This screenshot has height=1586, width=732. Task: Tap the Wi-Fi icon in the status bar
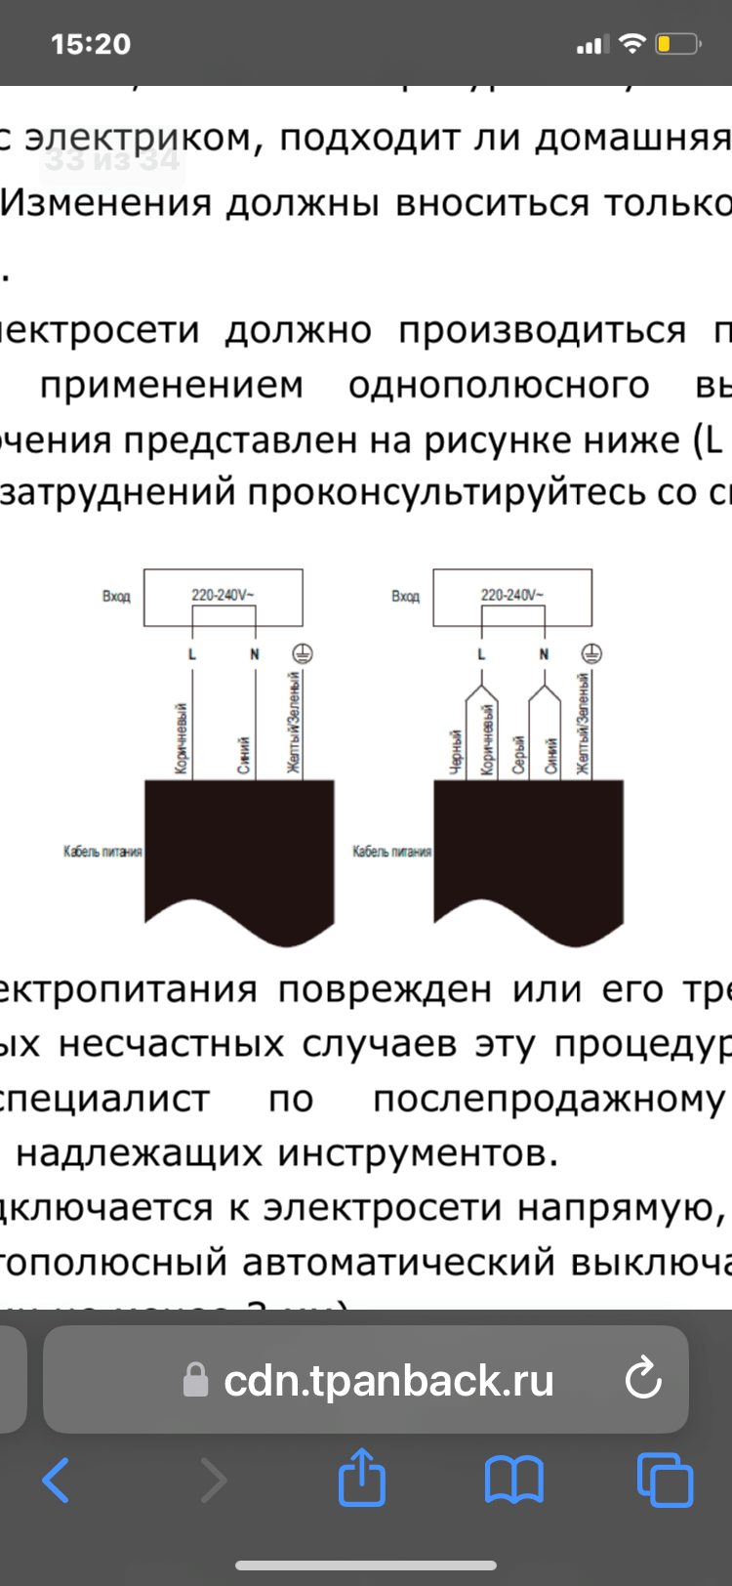point(633,44)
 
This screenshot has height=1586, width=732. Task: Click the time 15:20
point(91,44)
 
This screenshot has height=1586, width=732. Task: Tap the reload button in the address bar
point(643,1379)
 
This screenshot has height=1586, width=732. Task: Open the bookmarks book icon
point(514,1480)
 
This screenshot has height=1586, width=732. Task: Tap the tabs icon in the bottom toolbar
point(665,1480)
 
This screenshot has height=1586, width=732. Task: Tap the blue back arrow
point(56,1481)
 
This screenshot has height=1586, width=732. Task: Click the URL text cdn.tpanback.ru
point(388,1380)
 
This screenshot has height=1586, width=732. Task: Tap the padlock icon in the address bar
point(196,1380)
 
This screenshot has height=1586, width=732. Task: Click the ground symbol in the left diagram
point(303,653)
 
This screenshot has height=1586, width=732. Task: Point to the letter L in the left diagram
point(192,654)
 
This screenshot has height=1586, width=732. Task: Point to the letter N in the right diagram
point(544,654)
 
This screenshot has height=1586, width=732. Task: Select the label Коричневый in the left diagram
point(182,738)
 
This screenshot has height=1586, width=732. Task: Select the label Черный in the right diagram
point(456,752)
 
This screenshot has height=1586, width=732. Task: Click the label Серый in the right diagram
point(519,755)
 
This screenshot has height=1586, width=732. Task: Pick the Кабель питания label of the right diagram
point(391,852)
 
